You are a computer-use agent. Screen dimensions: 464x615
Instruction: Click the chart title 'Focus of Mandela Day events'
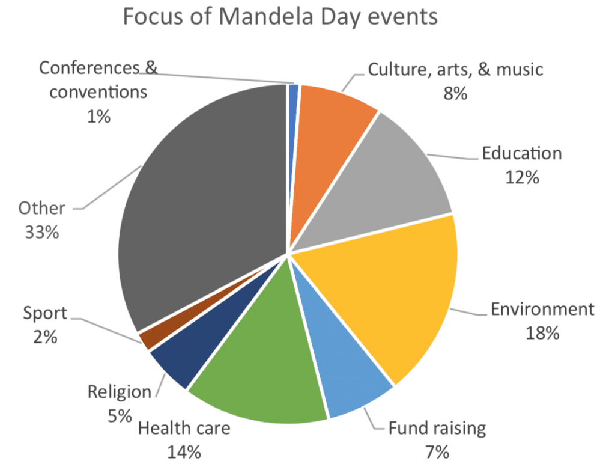click(280, 17)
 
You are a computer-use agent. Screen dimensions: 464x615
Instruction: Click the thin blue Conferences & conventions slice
click(294, 90)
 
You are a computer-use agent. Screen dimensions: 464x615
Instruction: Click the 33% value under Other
click(41, 232)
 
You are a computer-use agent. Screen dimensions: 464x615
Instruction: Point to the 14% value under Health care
click(184, 451)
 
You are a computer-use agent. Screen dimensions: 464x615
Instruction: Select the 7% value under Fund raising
click(437, 451)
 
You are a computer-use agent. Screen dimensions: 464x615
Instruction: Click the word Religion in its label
click(120, 392)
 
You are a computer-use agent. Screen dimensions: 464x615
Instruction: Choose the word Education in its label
click(522, 153)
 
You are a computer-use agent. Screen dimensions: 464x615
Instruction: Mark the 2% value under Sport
click(45, 337)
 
